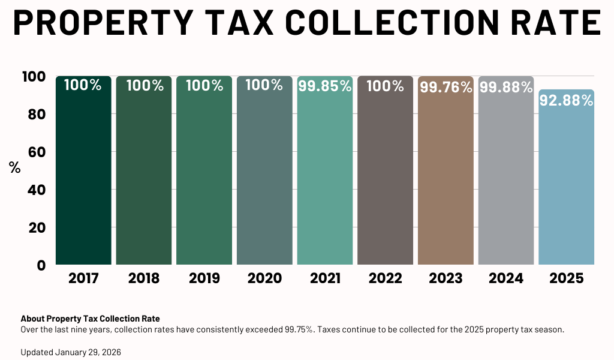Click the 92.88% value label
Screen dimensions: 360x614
click(566, 101)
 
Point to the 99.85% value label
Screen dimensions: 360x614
click(324, 86)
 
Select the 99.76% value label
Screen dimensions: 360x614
click(446, 88)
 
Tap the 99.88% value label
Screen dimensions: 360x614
click(505, 88)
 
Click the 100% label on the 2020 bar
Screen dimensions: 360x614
click(264, 85)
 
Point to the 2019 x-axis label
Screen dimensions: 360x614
click(204, 278)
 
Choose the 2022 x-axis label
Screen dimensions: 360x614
click(385, 278)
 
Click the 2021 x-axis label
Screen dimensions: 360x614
click(324, 278)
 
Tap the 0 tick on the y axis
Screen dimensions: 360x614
click(41, 265)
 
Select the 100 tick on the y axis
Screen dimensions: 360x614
click(34, 77)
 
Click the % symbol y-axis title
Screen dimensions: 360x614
click(15, 168)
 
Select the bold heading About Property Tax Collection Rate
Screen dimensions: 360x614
click(90, 319)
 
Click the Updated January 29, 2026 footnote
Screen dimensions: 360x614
click(71, 352)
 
